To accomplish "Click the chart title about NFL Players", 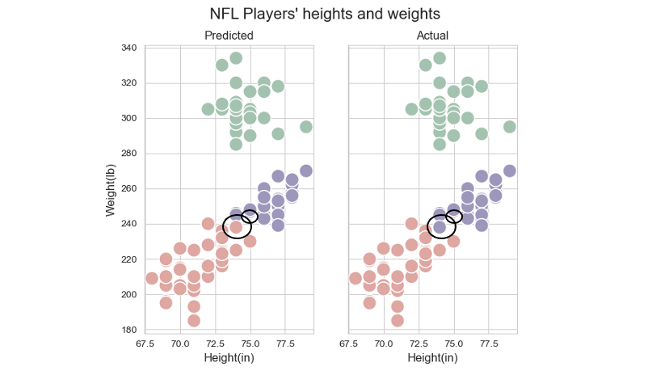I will tap(335, 14).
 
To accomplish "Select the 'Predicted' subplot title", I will tap(229, 36).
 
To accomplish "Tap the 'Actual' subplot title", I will tap(432, 36).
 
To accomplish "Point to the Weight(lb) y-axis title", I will tap(111, 188).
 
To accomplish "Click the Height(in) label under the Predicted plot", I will tap(229, 358).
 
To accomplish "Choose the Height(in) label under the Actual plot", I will tap(432, 358).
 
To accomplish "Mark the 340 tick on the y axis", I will tap(128, 48).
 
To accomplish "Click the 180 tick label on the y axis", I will tap(128, 330).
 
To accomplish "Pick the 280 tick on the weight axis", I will tap(128, 154).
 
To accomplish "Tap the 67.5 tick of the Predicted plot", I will tap(145, 343).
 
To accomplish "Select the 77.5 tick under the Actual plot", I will tap(489, 343).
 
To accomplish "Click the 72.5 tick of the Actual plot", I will tap(419, 343).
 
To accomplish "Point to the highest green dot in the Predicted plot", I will tap(236, 58).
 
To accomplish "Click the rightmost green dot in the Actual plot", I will tap(510, 127).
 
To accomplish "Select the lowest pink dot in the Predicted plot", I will tap(194, 320).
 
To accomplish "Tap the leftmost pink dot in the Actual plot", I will tap(356, 279).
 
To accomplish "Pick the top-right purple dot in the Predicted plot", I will tap(306, 171).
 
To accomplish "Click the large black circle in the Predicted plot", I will tap(238, 227).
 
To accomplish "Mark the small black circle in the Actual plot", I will tap(454, 217).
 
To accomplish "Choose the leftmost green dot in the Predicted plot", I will tap(208, 109).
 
